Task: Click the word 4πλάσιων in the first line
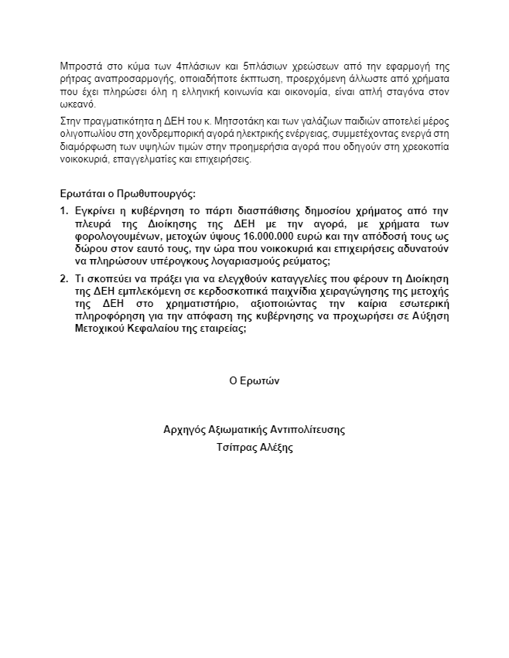click(197, 66)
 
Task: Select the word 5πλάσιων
click(265, 66)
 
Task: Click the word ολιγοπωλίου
click(88, 135)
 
